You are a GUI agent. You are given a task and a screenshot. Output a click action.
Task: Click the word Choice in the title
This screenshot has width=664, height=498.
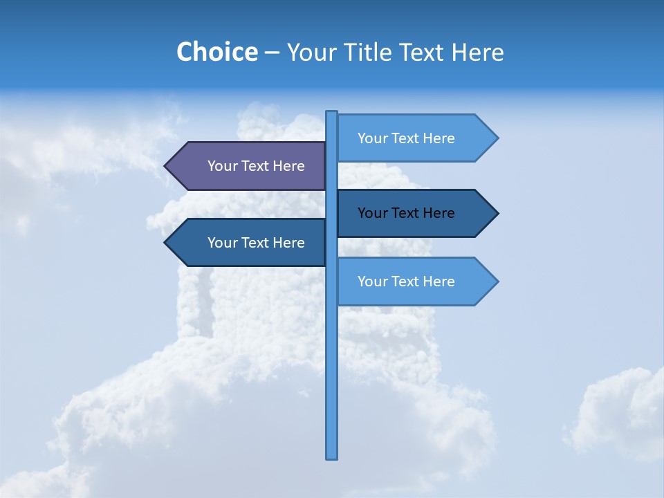(216, 53)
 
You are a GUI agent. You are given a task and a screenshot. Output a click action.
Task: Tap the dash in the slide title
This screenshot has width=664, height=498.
(272, 53)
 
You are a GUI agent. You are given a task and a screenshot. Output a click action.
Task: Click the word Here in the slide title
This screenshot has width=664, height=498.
(477, 53)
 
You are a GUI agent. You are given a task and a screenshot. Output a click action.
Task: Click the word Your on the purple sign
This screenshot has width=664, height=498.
(223, 166)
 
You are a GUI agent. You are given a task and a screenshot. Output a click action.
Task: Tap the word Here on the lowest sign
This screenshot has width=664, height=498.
(439, 282)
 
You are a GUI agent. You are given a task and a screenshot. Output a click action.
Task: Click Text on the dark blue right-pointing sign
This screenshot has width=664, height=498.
(405, 213)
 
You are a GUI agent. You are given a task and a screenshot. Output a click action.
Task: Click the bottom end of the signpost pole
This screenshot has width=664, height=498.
(332, 456)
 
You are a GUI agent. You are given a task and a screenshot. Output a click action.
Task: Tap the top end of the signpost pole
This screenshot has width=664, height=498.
(332, 113)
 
